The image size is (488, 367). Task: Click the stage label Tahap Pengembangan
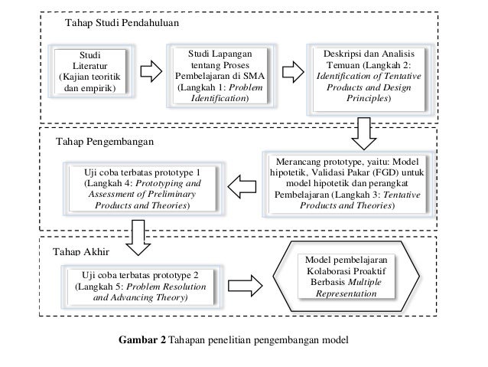[x=106, y=143]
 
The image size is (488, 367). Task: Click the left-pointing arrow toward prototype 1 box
[x=243, y=185]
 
